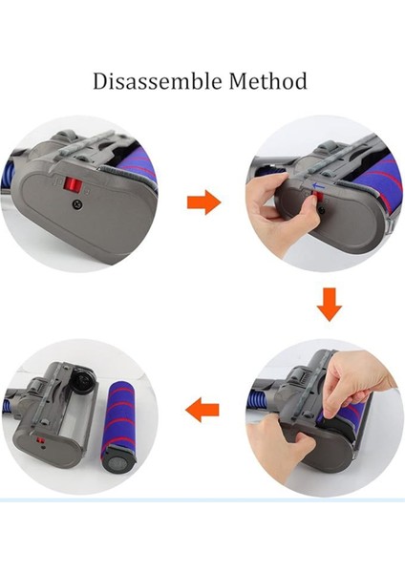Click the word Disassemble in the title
tap(158, 81)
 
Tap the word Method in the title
tap(267, 81)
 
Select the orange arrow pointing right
tap(204, 202)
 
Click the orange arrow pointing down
tap(329, 304)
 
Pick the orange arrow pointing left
tap(202, 410)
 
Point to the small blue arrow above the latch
tap(319, 186)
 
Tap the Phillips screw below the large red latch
tap(77, 204)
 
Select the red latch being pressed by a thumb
tap(315, 197)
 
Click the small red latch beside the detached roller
tap(40, 440)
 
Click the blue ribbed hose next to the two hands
tap(264, 399)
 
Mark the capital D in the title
tap(99, 81)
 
